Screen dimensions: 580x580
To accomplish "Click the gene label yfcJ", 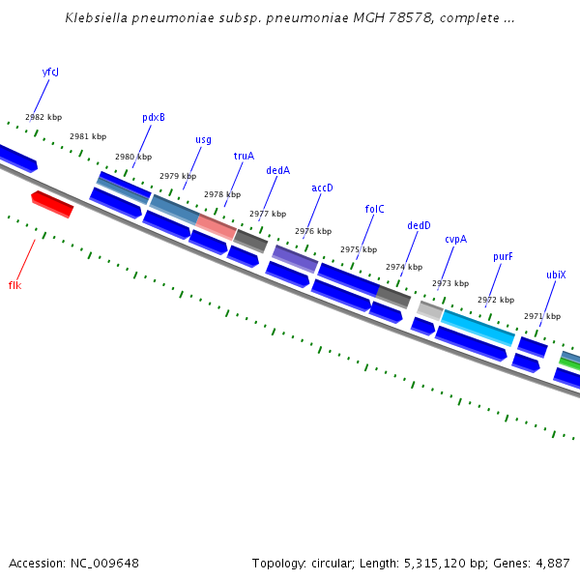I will (50, 72).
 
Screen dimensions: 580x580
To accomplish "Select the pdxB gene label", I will (154, 118).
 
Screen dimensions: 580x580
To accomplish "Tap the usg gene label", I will (203, 139).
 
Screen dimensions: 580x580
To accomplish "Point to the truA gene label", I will (244, 156).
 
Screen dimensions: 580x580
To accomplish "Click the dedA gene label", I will (277, 171).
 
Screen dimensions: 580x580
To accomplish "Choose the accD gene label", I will (322, 188).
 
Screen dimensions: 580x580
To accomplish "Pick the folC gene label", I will (375, 209).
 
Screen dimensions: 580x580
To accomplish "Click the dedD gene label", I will (419, 226).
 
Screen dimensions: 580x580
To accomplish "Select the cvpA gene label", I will (455, 240).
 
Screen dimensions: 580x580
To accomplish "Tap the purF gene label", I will (503, 257).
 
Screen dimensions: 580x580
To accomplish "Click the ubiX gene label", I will (556, 275).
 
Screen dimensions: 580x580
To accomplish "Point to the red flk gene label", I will (14, 285).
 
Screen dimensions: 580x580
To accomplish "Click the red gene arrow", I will (52, 204).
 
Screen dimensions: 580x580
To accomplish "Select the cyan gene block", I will (478, 327).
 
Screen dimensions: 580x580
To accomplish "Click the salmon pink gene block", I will (217, 226).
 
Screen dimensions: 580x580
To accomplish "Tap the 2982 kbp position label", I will (43, 117).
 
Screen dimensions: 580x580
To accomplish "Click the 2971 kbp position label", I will (542, 316).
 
